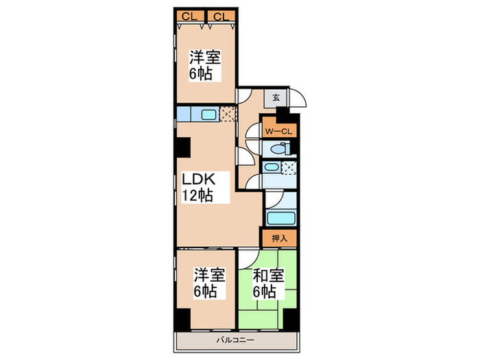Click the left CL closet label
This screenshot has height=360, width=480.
pos(190,16)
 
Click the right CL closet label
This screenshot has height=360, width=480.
pos(221,16)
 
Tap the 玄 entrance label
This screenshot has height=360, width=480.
pos(276,98)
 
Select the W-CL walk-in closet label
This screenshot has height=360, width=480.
pos(278,132)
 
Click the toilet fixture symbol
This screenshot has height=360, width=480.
pos(280,149)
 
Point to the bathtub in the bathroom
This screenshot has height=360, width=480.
pos(280,218)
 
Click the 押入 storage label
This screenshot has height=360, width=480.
pos(280,238)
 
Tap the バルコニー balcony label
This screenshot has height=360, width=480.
pos(235,340)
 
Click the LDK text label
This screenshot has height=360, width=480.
pos(199,180)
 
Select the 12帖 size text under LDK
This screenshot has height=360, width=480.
pos(197,195)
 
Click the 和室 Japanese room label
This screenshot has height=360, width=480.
pos(269,276)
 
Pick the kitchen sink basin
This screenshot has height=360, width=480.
pos(208,115)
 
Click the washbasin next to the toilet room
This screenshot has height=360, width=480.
pos(271,167)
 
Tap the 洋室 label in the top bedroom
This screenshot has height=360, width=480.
pos(205,57)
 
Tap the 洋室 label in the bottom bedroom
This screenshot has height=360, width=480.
pos(209,275)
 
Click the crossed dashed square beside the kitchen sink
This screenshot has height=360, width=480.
pos(228,114)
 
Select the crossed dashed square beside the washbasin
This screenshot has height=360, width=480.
pos(289,168)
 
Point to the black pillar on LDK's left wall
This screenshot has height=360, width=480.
pos(182,147)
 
